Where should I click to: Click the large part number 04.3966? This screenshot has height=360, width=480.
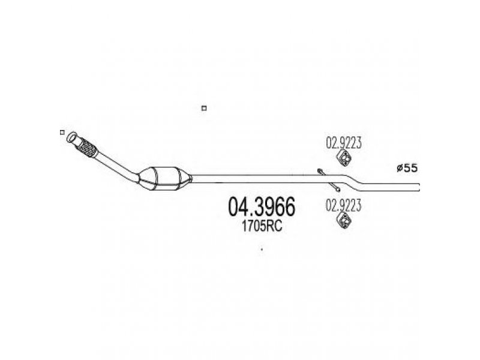coord(262,207)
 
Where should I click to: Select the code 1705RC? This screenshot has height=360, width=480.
coord(262,227)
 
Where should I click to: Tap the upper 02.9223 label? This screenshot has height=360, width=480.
coord(343,143)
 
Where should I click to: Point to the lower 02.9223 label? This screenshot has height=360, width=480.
coord(343,205)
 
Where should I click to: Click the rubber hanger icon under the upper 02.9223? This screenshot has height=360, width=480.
coord(344,158)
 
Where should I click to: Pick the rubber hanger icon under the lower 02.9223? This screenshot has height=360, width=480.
coord(344,221)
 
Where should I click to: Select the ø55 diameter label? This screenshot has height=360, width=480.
coord(407,168)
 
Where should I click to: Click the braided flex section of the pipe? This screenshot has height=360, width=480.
coord(87,148)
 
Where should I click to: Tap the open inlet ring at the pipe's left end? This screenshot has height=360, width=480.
coord(72,137)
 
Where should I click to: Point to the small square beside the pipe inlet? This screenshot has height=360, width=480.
coord(62,132)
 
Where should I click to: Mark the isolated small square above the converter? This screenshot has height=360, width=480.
coord(204,108)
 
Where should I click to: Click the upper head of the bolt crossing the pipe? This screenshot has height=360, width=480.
coord(320,170)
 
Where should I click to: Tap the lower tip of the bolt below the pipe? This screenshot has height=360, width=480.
coord(338,190)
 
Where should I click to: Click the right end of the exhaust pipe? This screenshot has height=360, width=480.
coord(418,187)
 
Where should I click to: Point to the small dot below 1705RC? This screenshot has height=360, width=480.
coord(262,250)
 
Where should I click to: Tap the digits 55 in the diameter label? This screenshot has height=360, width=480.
coord(410,168)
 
